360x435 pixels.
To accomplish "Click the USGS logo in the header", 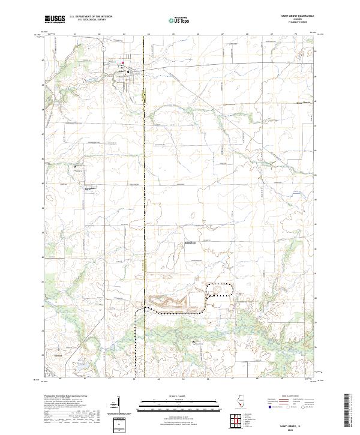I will pos(55,20).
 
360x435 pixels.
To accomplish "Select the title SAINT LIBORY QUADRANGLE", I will pos(293,17).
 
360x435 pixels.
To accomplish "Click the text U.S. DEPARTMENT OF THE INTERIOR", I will pos(91,17).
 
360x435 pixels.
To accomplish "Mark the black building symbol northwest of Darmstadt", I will pos(75,166).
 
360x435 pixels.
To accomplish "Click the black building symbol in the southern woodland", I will pos(193,342).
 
